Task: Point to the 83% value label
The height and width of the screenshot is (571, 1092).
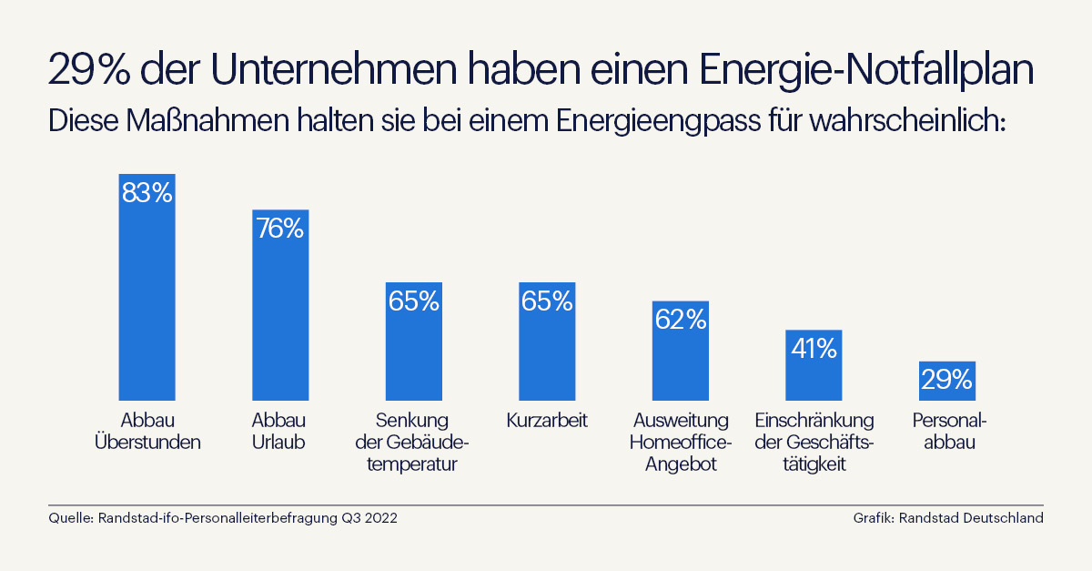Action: [x=147, y=193]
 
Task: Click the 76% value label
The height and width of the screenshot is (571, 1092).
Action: [x=280, y=229]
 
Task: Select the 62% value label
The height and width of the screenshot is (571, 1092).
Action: [x=680, y=319]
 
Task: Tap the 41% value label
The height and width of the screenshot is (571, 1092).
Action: [x=814, y=348]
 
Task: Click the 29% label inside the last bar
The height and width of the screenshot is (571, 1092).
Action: [x=946, y=379]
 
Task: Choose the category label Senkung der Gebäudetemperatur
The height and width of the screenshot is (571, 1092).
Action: [x=413, y=443]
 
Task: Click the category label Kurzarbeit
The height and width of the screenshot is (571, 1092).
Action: [x=547, y=421]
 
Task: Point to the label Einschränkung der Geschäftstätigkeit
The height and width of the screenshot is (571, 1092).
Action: [x=814, y=443]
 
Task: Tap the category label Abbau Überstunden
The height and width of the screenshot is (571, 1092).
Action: [x=147, y=432]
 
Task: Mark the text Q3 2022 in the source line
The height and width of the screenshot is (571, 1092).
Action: [x=369, y=518]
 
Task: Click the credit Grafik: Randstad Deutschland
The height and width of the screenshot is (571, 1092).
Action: [x=947, y=518]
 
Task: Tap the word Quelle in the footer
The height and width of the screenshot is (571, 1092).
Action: [x=68, y=518]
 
